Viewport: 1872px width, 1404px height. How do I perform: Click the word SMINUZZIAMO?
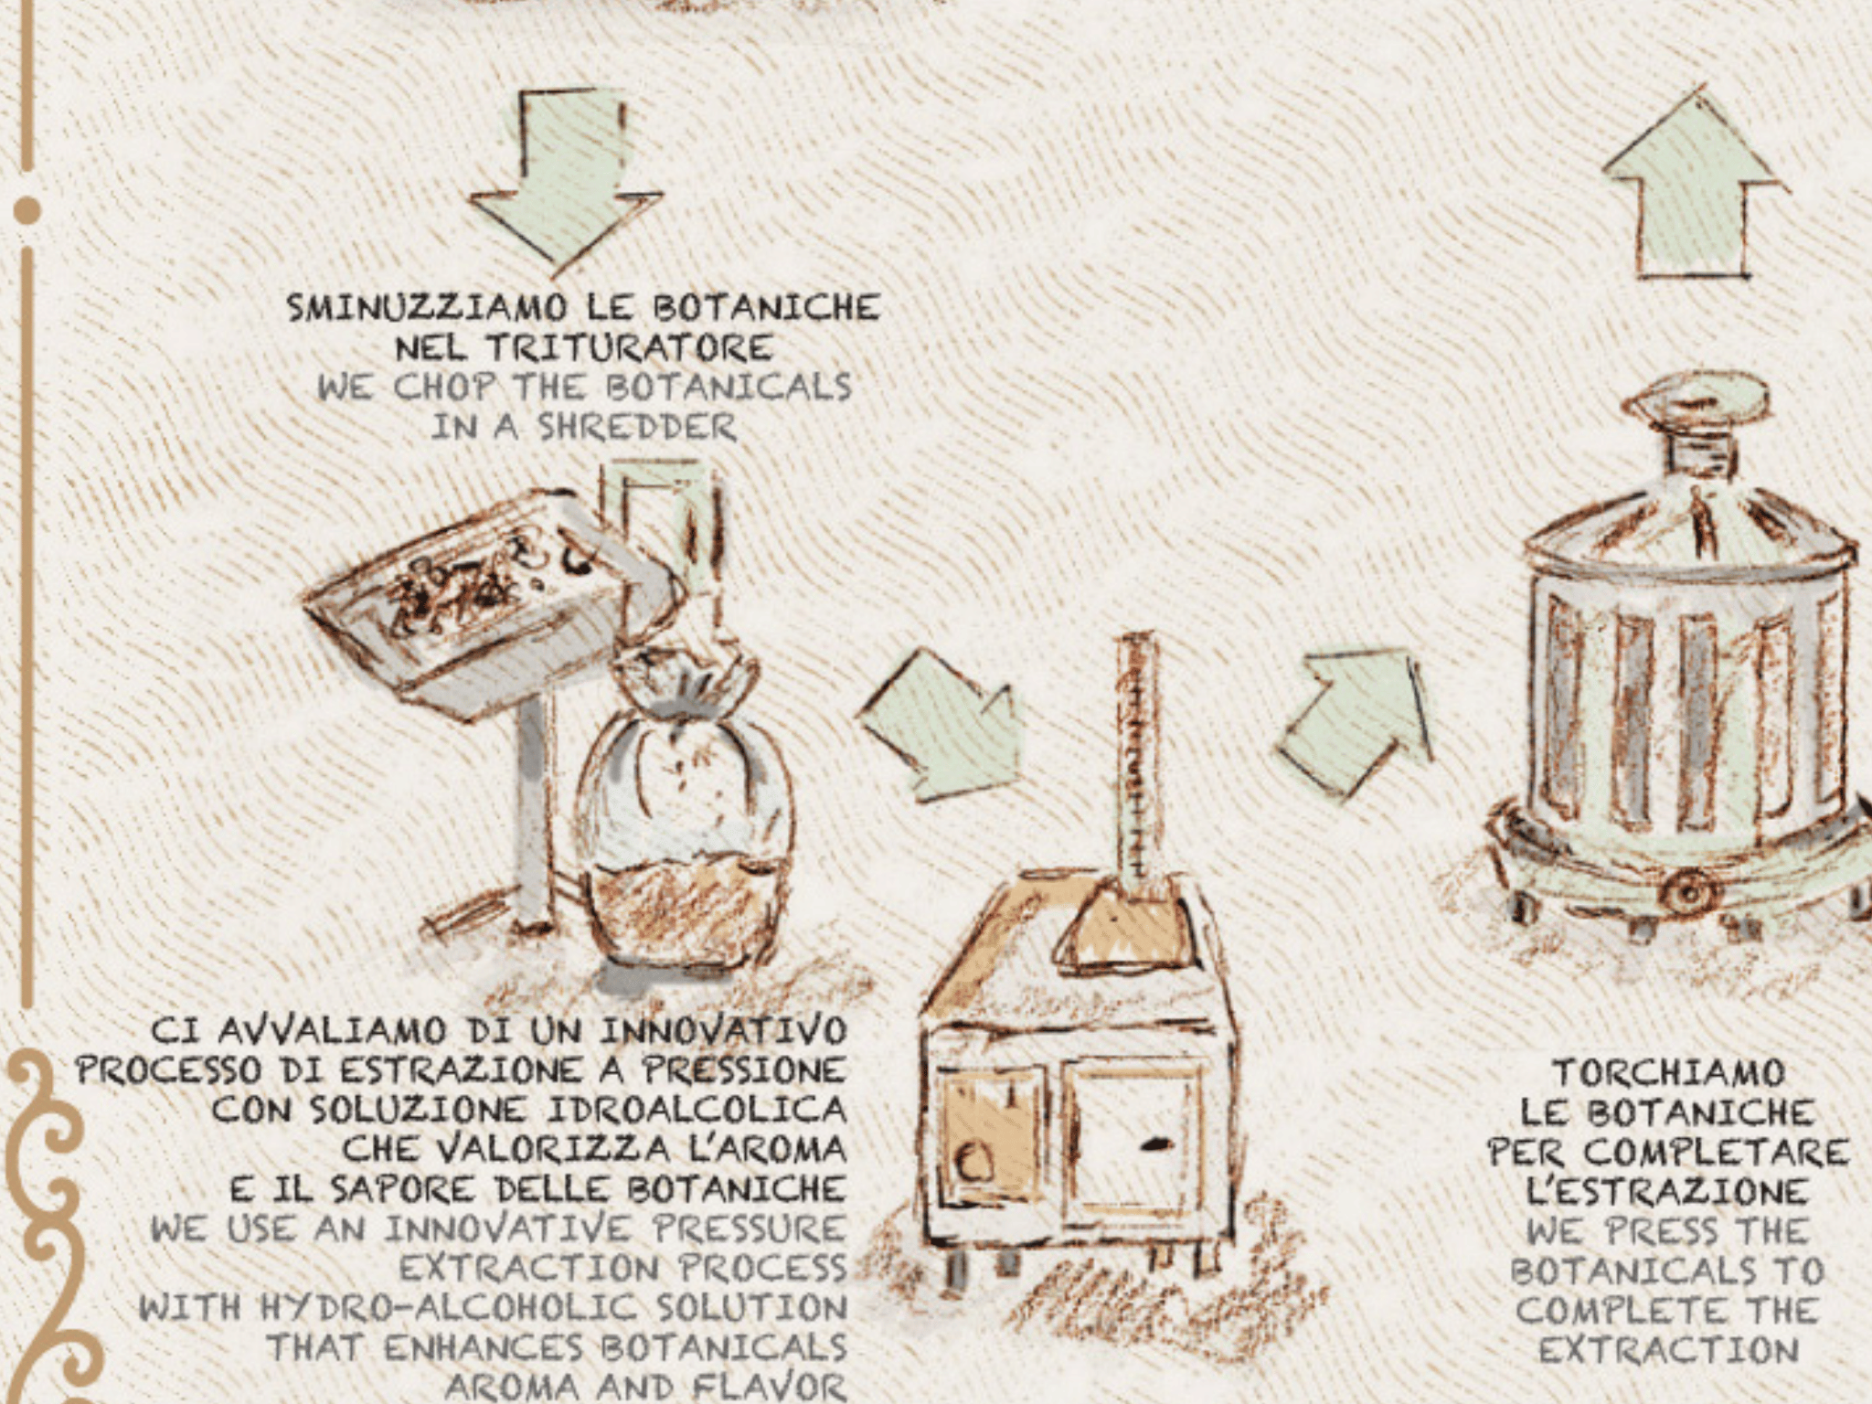coord(427,308)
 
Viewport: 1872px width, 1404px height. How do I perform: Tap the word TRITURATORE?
coord(629,348)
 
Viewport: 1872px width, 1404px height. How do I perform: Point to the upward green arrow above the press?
coord(1693,183)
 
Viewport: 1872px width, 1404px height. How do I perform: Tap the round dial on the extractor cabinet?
coord(974,1163)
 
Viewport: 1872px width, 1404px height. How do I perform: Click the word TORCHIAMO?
coord(1668,1073)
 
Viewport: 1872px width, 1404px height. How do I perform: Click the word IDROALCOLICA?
coord(697,1110)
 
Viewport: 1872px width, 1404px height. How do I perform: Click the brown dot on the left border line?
coord(27,210)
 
